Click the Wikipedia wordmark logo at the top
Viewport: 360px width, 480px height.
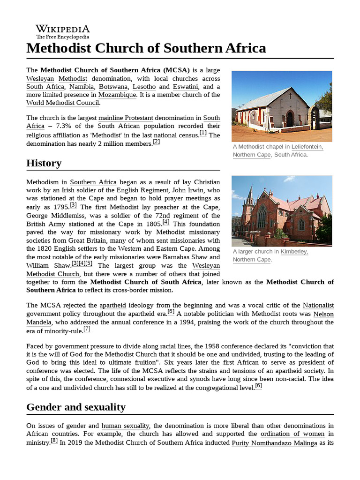tap(62, 31)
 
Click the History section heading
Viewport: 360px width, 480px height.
tap(44, 163)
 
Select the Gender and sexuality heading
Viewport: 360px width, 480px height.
tap(76, 407)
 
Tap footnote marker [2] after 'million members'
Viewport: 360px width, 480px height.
tap(157, 142)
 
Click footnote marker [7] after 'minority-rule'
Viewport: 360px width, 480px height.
tap(87, 329)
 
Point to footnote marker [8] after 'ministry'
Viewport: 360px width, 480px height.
tap(54, 441)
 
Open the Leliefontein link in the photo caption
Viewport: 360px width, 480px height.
tap(307, 147)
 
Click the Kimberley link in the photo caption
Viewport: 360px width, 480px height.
tap(294, 252)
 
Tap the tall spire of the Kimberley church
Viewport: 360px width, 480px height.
tap(250, 197)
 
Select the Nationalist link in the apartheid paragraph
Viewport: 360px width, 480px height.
tap(318, 306)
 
